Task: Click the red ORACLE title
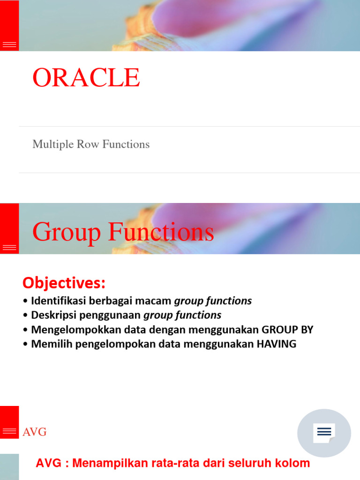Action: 86,78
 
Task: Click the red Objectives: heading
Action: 64,283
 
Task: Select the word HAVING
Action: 276,344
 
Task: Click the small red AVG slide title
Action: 35,432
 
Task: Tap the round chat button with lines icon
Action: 324,433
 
